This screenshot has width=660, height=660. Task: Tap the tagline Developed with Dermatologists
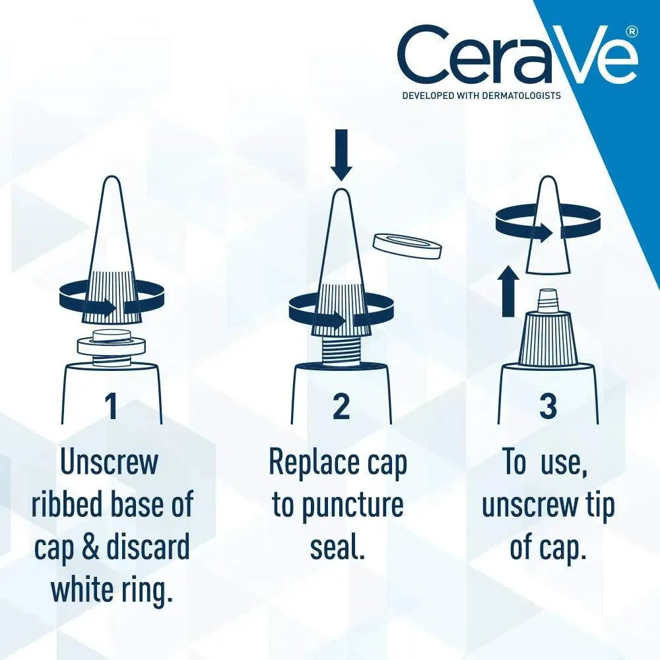481,96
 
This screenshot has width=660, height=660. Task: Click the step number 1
111,405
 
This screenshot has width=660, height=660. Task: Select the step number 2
341,405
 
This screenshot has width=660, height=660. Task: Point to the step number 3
547,405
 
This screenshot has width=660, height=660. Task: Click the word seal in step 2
337,548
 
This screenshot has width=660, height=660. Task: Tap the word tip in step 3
597,506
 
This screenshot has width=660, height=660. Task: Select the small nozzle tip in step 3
547,301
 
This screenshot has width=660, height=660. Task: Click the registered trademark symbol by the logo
631,31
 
